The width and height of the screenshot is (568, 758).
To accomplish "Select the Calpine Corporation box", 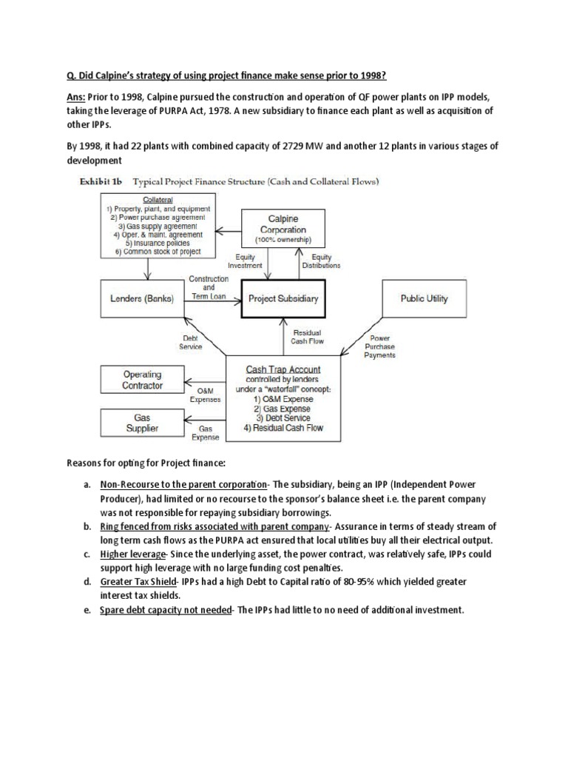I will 283,226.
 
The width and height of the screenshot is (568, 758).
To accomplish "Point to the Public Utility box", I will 424,299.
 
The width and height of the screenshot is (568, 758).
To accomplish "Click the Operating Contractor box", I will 142,380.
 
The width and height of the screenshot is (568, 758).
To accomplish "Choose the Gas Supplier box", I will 142,422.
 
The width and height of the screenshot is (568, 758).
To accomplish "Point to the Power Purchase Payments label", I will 379,346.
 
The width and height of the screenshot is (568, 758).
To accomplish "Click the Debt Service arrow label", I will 191,342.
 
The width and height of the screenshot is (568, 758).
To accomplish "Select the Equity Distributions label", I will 321,261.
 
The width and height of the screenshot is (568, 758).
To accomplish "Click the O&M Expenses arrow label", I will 205,395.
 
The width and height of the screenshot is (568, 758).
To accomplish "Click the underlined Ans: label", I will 72,98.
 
